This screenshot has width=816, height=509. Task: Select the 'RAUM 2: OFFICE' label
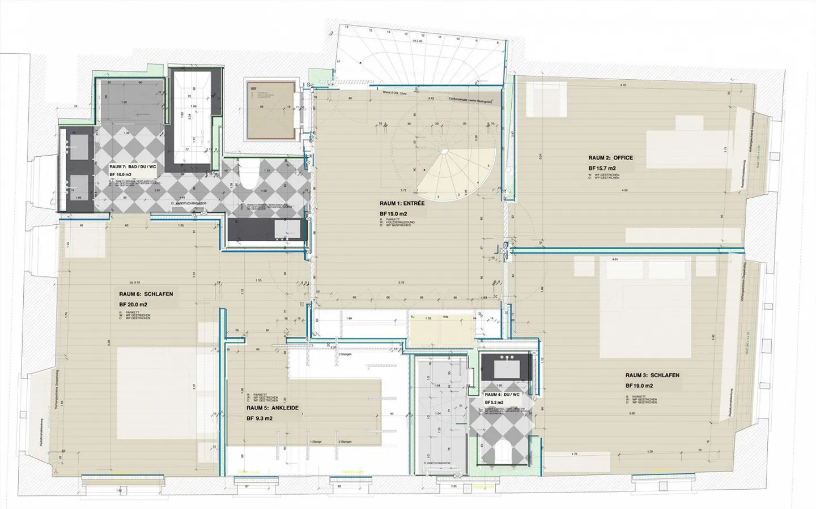click(x=610, y=158)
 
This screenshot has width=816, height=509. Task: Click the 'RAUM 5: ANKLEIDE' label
click(x=272, y=408)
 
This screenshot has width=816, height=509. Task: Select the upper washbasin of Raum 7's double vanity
click(x=77, y=148)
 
